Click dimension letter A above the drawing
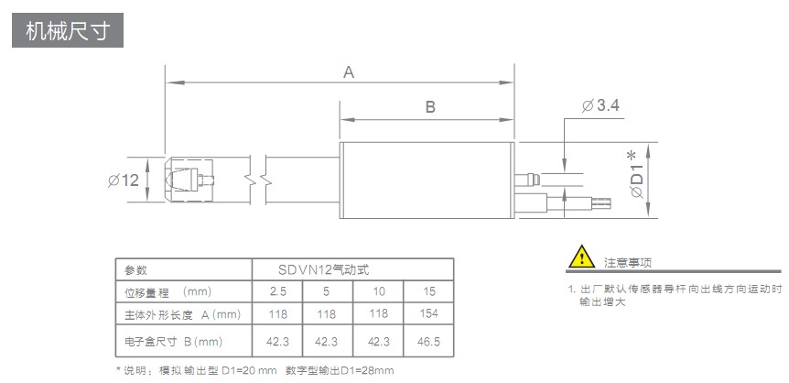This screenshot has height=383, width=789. pyautogui.click(x=349, y=71)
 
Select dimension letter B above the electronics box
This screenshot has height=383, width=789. pyautogui.click(x=429, y=107)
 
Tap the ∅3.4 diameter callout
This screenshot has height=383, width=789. pyautogui.click(x=600, y=106)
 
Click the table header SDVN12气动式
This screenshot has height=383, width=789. pyautogui.click(x=352, y=269)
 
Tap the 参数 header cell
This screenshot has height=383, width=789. pyautogui.click(x=135, y=270)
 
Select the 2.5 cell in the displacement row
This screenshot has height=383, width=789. pyautogui.click(x=277, y=291)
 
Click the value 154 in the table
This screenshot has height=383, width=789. pyautogui.click(x=428, y=314)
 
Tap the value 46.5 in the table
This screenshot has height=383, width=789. pyautogui.click(x=428, y=342)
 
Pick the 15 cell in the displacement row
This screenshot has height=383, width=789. pyautogui.click(x=428, y=291)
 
